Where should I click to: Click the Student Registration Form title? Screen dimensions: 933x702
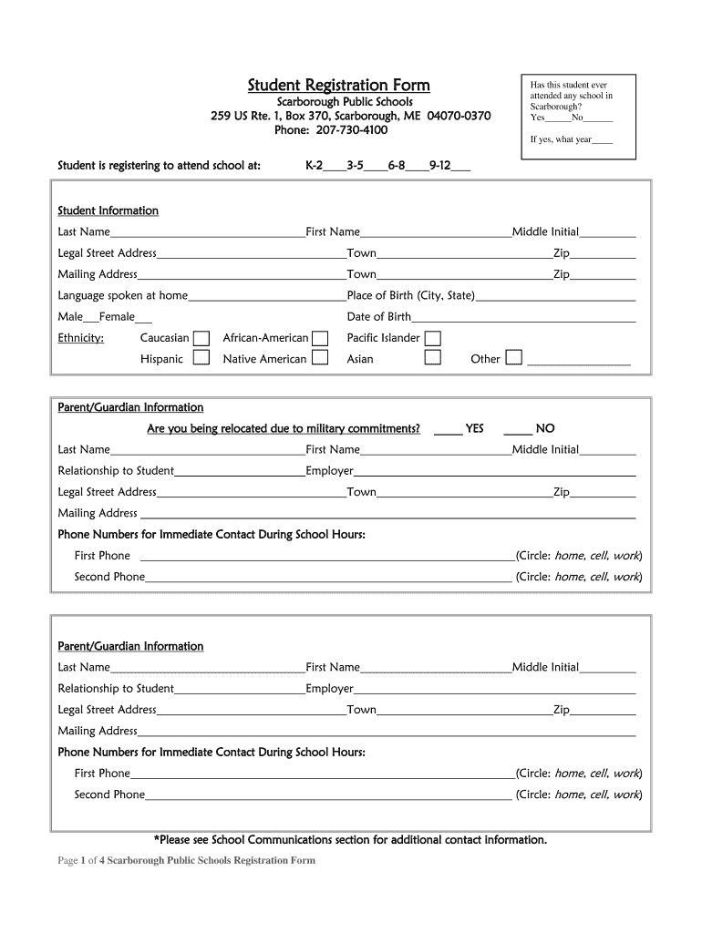(338, 86)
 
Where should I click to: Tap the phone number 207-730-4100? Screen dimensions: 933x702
(331, 130)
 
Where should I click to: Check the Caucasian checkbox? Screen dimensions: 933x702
(201, 339)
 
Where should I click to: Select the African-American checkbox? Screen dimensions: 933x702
(320, 339)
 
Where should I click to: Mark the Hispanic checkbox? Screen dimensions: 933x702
(201, 359)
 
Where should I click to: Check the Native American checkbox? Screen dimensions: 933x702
(320, 359)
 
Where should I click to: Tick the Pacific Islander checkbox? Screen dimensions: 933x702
(433, 339)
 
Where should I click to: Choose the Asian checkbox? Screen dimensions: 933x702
(433, 359)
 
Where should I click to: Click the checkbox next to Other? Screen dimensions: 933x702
(514, 358)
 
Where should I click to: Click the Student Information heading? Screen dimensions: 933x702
(108, 210)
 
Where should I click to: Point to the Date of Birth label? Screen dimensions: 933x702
(379, 317)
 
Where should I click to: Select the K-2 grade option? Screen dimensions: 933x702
(315, 166)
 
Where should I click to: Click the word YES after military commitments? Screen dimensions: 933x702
(474, 428)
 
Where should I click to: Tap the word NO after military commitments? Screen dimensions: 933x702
(545, 428)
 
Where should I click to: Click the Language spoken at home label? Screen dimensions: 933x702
(123, 295)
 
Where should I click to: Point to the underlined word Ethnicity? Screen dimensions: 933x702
(81, 338)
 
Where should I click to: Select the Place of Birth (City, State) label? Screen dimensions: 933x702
(411, 295)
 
